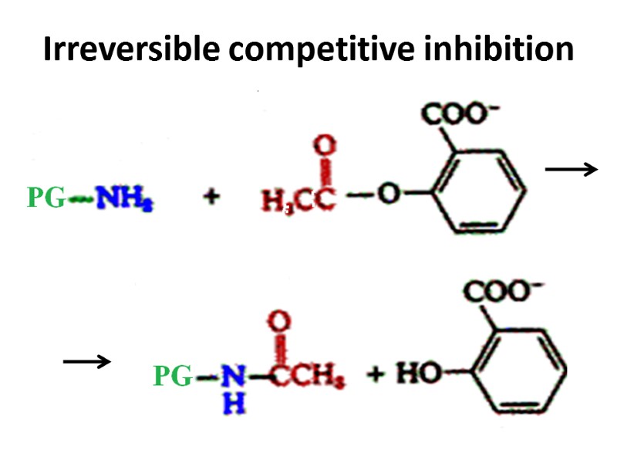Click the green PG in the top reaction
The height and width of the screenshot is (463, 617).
pyautogui.click(x=45, y=198)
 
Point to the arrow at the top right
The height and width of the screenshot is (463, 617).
pyautogui.click(x=571, y=167)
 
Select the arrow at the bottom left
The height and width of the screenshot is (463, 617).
pyautogui.click(x=87, y=362)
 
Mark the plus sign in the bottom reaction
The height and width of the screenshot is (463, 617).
pyautogui.click(x=376, y=376)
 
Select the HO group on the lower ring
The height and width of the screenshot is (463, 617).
pyautogui.click(x=417, y=376)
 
